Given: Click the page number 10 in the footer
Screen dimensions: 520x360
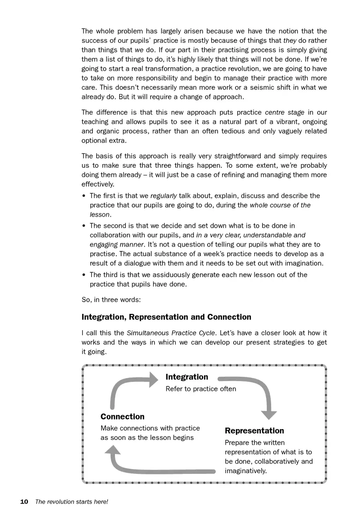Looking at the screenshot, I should pos(24,502).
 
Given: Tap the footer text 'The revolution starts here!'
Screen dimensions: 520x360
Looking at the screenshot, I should pos(72,502).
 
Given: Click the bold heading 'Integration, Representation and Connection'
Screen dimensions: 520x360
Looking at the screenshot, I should pos(166,317).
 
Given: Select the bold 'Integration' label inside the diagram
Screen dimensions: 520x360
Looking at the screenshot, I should pos(187,377).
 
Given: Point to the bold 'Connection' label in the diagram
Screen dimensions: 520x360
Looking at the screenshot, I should pos(122,417).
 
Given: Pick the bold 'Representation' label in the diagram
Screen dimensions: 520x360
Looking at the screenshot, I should pos(254,431).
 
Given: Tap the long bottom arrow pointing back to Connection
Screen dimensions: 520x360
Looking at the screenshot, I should pos(160,469).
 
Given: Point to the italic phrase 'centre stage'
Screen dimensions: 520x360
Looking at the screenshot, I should pos(285,112).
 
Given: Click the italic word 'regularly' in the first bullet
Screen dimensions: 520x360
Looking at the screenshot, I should pos(164,196).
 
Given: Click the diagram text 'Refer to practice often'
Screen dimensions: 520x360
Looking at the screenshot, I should pos(201,389).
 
